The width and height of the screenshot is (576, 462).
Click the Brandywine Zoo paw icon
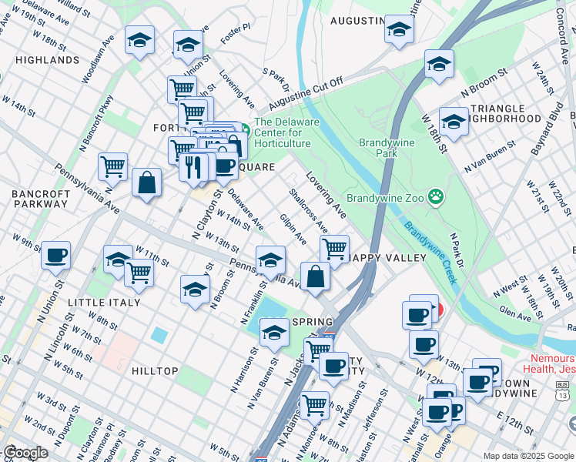coord(437,197)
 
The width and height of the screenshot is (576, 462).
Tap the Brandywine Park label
coord(387,148)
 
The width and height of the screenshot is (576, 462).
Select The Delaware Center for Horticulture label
coord(283,132)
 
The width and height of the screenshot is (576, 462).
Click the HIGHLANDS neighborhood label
coord(47,59)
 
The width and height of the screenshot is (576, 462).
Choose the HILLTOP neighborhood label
coord(155,371)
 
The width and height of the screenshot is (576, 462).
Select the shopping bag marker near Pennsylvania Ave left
coord(146,182)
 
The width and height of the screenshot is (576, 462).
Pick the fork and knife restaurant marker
coord(193,166)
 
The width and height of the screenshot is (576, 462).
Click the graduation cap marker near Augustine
coord(399,29)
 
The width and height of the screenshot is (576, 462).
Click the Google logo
coord(26,453)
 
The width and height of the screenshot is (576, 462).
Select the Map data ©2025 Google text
coord(527,456)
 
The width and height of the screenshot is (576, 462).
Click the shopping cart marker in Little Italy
coord(139,272)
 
